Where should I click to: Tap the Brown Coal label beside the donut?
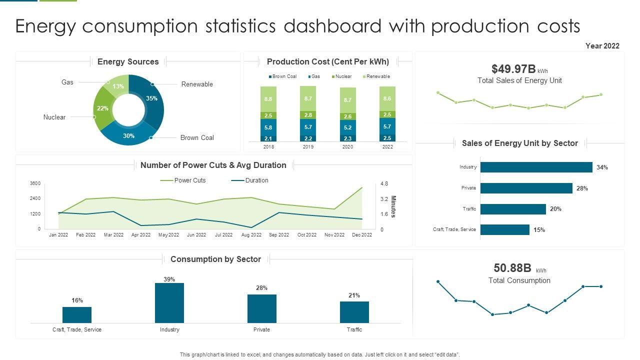click(x=197, y=137)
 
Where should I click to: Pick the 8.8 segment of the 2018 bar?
click(x=268, y=99)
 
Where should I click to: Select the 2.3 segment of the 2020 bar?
click(x=347, y=138)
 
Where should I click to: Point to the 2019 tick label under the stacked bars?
click(x=308, y=147)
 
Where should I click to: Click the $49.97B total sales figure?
click(x=513, y=69)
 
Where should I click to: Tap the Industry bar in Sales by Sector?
click(x=536, y=167)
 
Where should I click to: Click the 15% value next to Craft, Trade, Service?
click(x=539, y=230)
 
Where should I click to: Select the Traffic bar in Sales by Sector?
click(x=513, y=209)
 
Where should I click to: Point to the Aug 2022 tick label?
click(x=251, y=235)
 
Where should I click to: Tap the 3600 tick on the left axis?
click(x=35, y=183)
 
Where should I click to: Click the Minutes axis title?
click(x=393, y=206)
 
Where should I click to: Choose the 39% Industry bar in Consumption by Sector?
click(x=169, y=303)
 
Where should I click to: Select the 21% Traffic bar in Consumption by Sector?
click(x=354, y=312)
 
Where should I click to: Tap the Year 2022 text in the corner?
click(x=602, y=46)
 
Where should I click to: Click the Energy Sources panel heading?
click(x=128, y=61)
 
